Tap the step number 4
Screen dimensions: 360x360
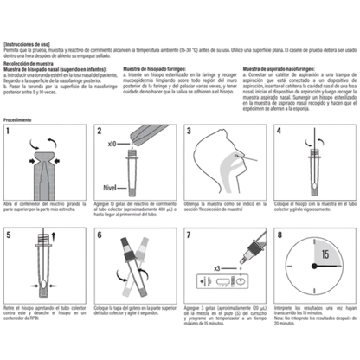(x=279, y=132)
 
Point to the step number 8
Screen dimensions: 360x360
(x=279, y=235)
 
